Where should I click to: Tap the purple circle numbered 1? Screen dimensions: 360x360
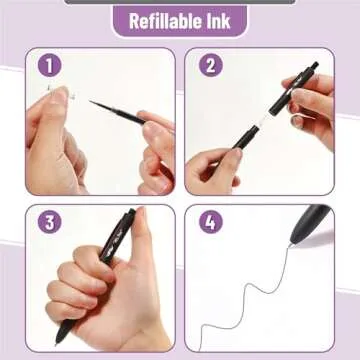50,66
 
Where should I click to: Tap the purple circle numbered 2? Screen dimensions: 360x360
209,66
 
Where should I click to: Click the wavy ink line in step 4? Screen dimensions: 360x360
255,300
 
